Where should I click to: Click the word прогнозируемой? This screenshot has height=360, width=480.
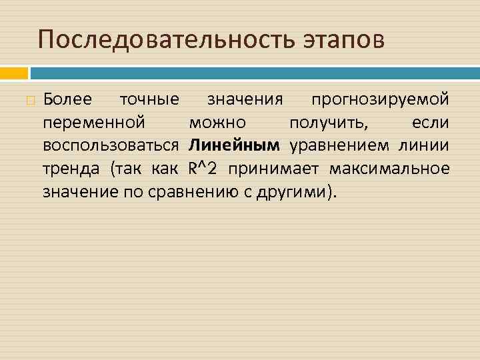380,100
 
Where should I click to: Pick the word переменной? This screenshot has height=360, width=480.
94,123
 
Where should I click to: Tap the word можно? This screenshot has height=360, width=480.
217,123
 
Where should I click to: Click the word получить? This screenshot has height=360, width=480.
331,123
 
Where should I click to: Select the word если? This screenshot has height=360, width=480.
430,123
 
